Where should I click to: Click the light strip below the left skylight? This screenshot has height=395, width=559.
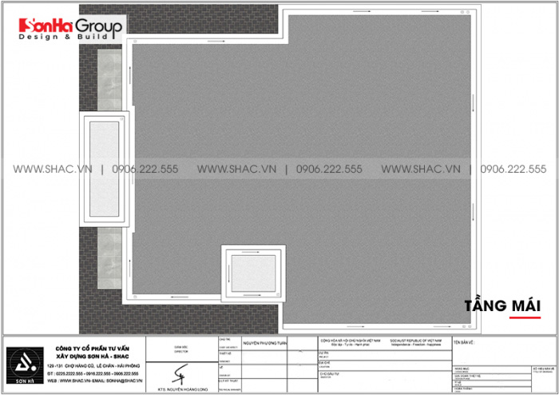coord(105,249)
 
